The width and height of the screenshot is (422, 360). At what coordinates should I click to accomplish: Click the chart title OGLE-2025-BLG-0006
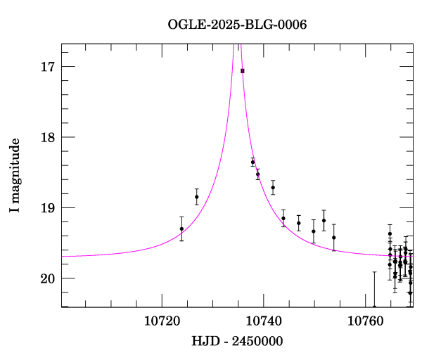(x=237, y=25)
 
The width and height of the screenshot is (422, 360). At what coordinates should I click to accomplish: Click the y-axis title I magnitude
(x=15, y=176)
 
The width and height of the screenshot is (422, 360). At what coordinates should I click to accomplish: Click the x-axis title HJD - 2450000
(x=237, y=341)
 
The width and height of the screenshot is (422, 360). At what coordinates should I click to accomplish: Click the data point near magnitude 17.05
(x=243, y=71)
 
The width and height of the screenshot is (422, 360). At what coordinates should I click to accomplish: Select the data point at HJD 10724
(x=181, y=229)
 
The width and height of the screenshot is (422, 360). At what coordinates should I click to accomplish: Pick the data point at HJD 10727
(x=197, y=197)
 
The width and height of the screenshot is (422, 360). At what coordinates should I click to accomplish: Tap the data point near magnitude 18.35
(x=252, y=162)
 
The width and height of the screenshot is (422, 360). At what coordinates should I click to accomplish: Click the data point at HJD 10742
(x=273, y=187)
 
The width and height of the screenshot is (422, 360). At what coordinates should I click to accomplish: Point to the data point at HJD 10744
(x=283, y=218)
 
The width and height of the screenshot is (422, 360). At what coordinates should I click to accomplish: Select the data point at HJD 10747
(x=299, y=223)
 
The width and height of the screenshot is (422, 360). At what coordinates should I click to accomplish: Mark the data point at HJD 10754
(x=334, y=238)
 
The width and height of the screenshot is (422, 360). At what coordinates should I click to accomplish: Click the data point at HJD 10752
(x=324, y=221)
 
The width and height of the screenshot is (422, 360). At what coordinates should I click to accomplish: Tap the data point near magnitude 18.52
(x=257, y=174)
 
